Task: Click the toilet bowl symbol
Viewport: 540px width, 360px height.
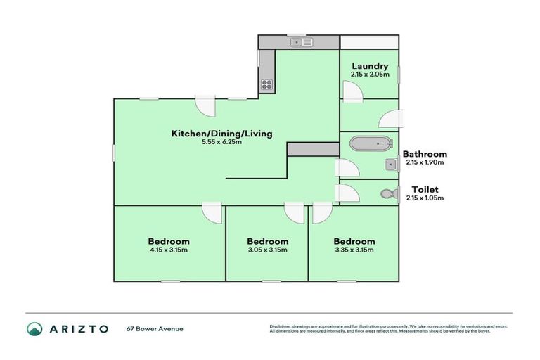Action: click(386, 193)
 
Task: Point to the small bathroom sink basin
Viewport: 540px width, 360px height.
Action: click(389, 165)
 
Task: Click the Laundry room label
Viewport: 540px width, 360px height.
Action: click(369, 66)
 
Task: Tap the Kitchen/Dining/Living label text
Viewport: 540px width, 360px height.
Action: click(221, 133)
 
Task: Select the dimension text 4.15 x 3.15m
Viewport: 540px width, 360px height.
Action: click(168, 250)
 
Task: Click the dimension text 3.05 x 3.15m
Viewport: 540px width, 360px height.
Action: click(267, 250)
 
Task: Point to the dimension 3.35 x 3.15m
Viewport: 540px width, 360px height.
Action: click(354, 250)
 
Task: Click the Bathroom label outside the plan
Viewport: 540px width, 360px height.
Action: click(424, 154)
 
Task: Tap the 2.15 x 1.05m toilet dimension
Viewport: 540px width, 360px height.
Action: click(425, 198)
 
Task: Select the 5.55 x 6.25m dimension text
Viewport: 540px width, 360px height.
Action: click(221, 142)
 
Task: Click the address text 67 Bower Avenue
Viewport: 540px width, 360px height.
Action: click(155, 328)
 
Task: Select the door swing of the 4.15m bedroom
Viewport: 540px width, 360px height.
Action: click(212, 213)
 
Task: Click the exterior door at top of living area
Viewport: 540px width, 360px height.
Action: click(206, 108)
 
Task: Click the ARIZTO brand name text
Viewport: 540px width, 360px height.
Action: click(79, 328)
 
